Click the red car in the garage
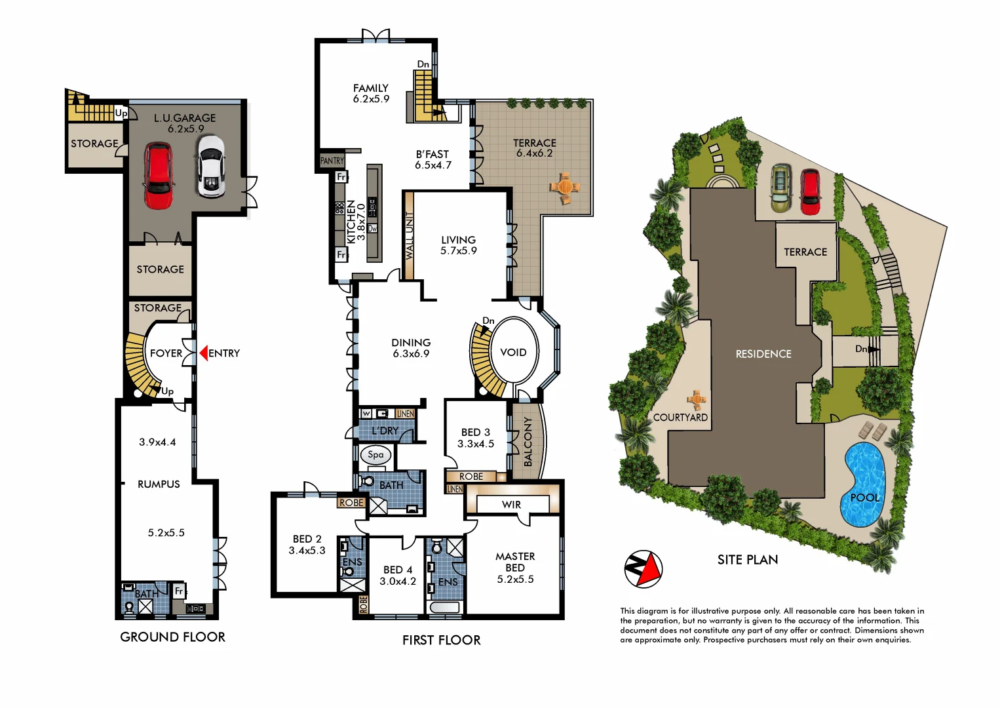[158, 176]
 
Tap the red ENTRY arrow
[203, 353]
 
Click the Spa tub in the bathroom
[375, 455]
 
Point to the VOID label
[513, 353]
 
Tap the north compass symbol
[643, 568]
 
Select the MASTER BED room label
[515, 562]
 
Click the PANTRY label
[332, 161]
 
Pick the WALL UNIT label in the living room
[410, 236]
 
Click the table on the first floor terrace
[564, 187]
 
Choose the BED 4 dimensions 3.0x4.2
[398, 581]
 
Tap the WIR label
[511, 505]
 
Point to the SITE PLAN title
[748, 560]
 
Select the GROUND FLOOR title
[172, 637]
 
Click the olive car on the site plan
[780, 187]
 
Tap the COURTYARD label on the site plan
[680, 418]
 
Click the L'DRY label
[385, 431]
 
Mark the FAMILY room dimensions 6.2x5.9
[371, 99]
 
